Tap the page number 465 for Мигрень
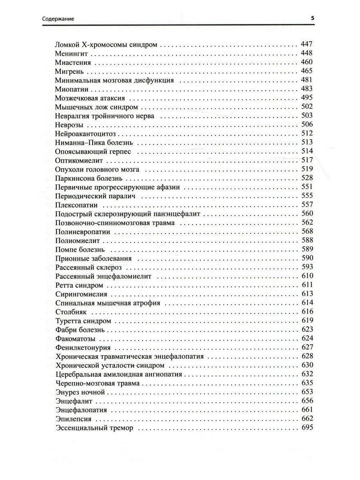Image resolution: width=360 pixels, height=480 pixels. point(306,71)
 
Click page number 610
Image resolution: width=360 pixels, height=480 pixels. point(306,276)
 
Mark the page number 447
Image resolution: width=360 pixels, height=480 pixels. point(306,44)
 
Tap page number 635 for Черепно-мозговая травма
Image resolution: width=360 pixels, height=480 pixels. point(306,383)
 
